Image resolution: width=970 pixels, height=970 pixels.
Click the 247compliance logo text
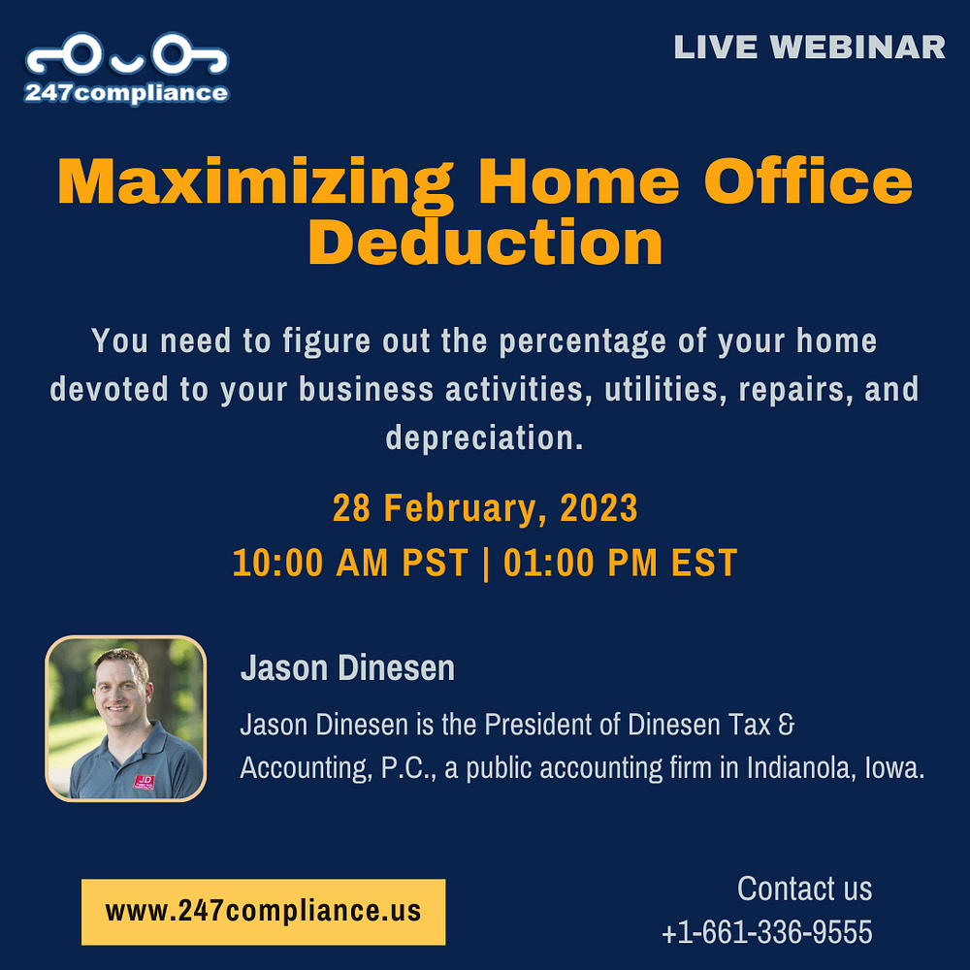pos(127,93)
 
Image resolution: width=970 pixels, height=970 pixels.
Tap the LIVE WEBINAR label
pos(809,48)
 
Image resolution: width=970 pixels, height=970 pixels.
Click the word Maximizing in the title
pos(255,184)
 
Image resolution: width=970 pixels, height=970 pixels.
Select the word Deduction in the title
pos(486,242)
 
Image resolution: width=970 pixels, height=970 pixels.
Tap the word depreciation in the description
pos(484,438)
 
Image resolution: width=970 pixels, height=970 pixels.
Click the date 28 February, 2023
pos(485,508)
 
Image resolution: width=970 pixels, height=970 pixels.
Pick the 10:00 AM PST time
pos(350,563)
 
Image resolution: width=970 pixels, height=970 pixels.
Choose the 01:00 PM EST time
pos(621,563)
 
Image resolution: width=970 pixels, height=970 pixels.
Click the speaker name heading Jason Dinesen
pos(347,668)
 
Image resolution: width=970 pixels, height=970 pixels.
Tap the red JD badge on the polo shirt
pos(145,782)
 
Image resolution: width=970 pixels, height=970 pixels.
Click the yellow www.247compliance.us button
pos(264,912)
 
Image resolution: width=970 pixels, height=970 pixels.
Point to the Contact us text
pos(804,889)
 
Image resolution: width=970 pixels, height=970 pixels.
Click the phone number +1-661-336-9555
pos(767,932)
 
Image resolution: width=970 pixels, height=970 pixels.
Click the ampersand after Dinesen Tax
pos(787,725)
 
